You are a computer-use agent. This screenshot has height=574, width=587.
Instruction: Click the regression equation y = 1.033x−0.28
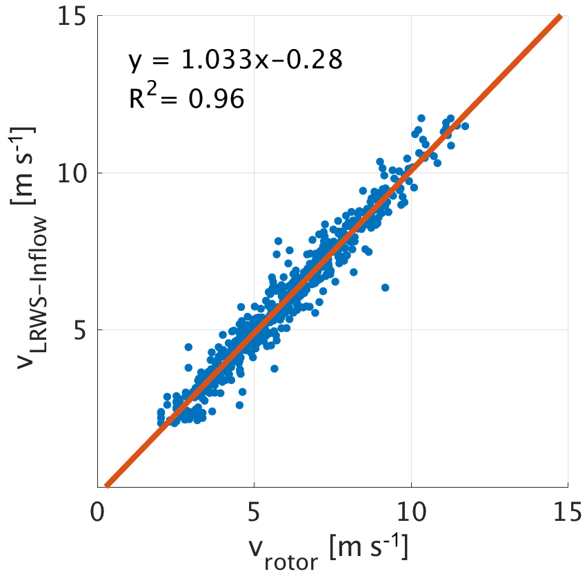coord(235,61)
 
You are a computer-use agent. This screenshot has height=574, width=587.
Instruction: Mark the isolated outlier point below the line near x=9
coord(385,287)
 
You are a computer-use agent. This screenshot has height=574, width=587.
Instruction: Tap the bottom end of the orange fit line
coord(106,485)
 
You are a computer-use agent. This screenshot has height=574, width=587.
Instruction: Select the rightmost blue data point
coord(465,126)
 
